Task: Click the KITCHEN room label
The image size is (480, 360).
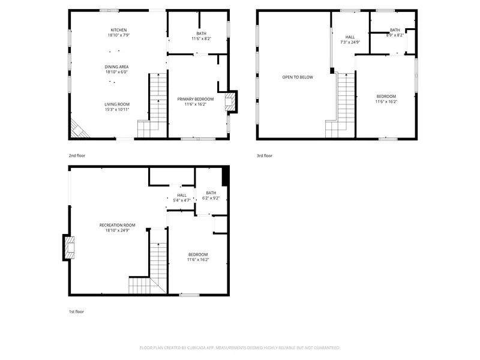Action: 118,30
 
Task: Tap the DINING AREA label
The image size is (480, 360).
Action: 118,67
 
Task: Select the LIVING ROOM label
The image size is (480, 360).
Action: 117,104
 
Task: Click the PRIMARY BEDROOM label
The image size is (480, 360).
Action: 195,98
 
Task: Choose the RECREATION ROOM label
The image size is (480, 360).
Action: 113,225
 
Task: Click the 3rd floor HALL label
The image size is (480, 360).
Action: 350,37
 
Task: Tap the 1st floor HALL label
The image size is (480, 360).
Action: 182,195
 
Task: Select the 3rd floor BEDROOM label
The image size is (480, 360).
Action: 386,96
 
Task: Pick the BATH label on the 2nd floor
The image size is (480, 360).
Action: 201,33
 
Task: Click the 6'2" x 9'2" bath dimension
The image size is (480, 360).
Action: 211,198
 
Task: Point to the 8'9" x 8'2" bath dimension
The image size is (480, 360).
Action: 394,35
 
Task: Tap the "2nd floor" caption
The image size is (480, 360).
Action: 77,155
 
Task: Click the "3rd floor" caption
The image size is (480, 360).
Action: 265,155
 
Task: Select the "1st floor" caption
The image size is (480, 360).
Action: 77,312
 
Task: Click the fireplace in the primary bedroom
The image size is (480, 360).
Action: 230,102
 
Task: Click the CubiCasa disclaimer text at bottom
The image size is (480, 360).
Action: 240,347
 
